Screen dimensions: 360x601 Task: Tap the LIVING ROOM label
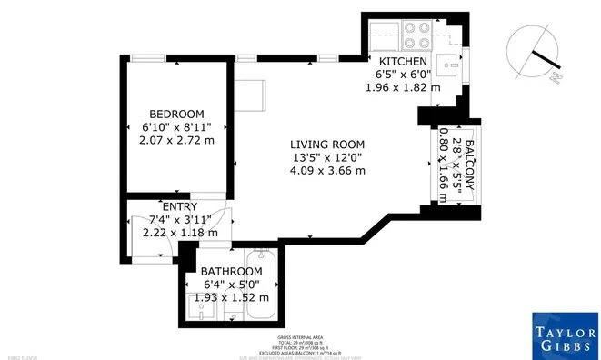tap(327, 145)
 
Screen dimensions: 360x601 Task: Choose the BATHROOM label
tap(232, 271)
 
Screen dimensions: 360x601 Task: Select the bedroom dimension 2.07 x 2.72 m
tap(177, 141)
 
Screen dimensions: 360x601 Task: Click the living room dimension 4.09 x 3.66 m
tap(327, 171)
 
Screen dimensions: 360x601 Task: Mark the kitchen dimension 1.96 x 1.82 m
tap(402, 88)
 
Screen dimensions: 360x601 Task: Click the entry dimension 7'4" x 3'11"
tap(179, 219)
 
